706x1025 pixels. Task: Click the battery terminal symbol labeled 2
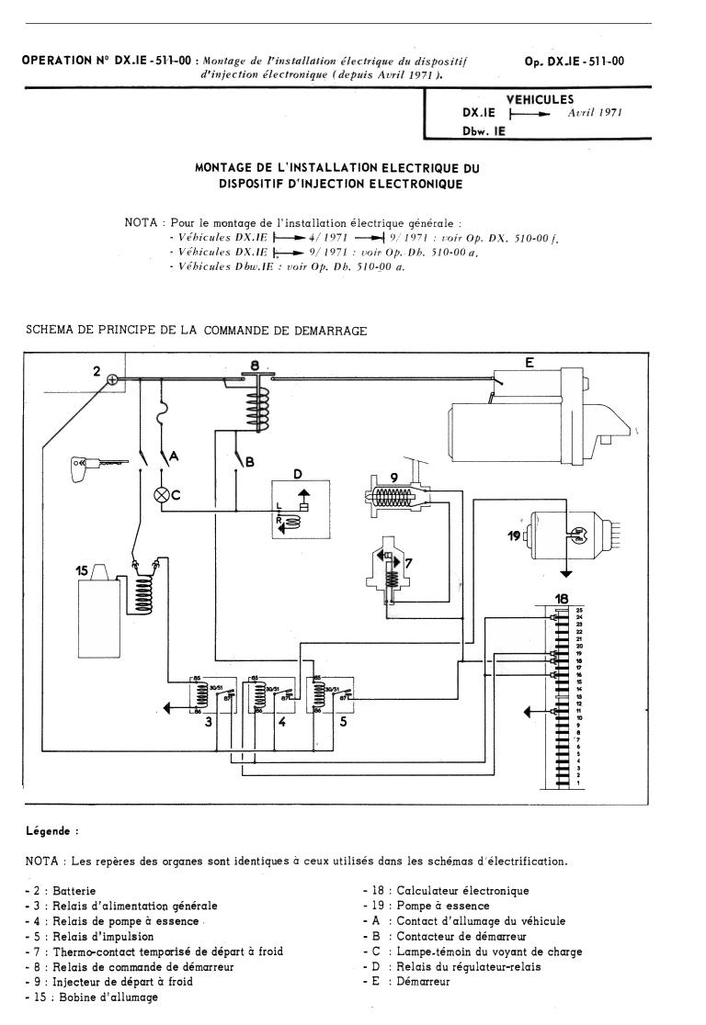point(111,379)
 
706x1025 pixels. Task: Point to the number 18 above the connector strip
point(563,599)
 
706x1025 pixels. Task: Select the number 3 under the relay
point(210,723)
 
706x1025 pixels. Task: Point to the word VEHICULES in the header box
point(540,99)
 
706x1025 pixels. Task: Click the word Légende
point(51,832)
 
